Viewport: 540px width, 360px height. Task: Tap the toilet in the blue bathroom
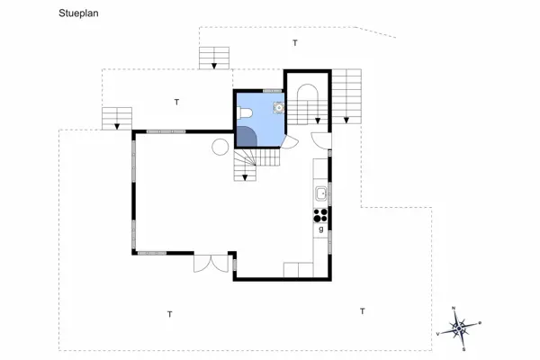pos(246,112)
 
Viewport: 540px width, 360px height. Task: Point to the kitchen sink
pos(320,193)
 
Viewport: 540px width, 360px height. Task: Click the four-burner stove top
pos(320,214)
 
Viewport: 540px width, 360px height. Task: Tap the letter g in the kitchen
pos(320,229)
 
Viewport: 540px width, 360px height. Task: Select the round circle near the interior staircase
pos(220,147)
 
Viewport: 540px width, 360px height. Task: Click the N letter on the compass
pos(454,307)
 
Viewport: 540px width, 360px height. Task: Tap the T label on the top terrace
pos(294,43)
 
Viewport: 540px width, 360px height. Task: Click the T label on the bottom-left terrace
pos(169,314)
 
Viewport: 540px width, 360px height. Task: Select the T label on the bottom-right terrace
pos(363,311)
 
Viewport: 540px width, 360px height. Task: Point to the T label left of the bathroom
pos(176,102)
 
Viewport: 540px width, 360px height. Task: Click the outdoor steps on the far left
pos(117,118)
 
